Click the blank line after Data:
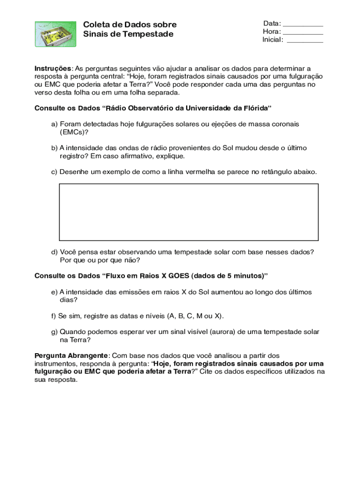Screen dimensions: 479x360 [303, 24]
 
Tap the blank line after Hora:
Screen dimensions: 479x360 [303, 32]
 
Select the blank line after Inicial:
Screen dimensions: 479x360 [305, 41]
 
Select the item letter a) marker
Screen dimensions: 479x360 [54, 124]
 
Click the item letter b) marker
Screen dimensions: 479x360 [54, 148]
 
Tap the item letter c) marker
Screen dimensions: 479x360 [54, 172]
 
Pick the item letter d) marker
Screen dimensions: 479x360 [54, 252]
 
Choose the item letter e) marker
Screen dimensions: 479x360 [54, 292]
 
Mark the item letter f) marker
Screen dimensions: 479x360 [54, 316]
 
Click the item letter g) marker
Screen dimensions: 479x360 [54, 332]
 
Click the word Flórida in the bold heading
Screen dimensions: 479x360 [254, 108]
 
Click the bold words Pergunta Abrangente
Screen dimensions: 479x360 [71, 356]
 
